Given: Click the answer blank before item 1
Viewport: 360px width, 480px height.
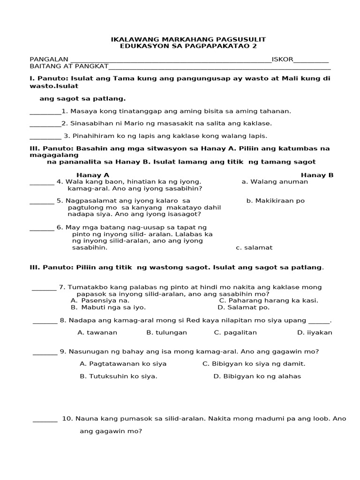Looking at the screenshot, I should [x=45, y=112].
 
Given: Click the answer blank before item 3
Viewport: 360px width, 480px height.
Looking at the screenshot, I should [x=45, y=136].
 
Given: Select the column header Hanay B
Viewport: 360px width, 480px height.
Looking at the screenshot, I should [x=317, y=175].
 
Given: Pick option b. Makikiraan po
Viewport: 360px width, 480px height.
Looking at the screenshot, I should [x=275, y=201].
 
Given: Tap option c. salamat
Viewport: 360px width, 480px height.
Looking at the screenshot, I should [x=254, y=247].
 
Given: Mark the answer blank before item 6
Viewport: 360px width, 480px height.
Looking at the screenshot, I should [x=42, y=227].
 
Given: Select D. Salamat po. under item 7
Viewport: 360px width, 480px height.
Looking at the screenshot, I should [x=243, y=307].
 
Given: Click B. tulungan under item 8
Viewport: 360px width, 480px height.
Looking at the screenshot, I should [x=166, y=332].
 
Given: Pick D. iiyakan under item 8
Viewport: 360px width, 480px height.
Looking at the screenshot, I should [x=315, y=332].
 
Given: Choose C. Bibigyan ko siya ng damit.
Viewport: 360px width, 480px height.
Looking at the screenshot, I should [x=254, y=364].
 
